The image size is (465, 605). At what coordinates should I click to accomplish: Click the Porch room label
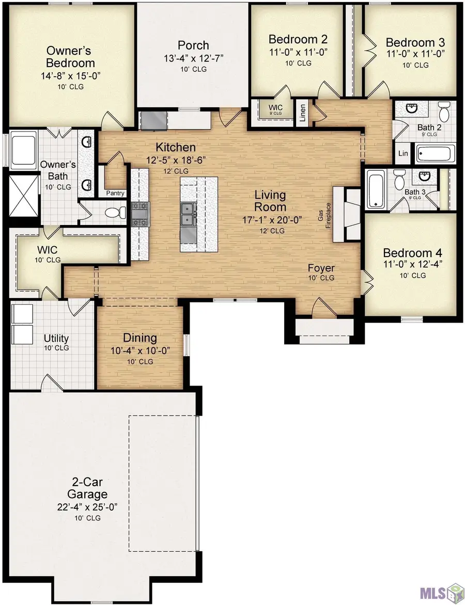tap(194, 45)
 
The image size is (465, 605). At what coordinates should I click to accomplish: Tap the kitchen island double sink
tap(188, 215)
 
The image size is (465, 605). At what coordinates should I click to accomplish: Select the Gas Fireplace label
tap(324, 216)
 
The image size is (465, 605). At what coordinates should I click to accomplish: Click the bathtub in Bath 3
tap(374, 190)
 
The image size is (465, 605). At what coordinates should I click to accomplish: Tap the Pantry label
tap(115, 193)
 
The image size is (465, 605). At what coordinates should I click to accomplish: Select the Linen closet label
tap(303, 113)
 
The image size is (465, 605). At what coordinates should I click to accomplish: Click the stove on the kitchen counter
tap(140, 214)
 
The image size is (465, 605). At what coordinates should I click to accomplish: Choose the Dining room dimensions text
tap(140, 351)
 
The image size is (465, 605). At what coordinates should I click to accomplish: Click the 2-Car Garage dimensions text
tap(87, 506)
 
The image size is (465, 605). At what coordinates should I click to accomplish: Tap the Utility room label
tap(56, 339)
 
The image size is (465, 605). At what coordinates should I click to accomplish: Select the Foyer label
tap(321, 268)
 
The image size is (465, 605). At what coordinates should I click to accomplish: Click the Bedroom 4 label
tap(412, 253)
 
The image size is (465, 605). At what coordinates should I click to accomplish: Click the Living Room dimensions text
tap(272, 220)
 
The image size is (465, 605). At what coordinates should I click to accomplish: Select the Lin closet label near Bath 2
tap(403, 153)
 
